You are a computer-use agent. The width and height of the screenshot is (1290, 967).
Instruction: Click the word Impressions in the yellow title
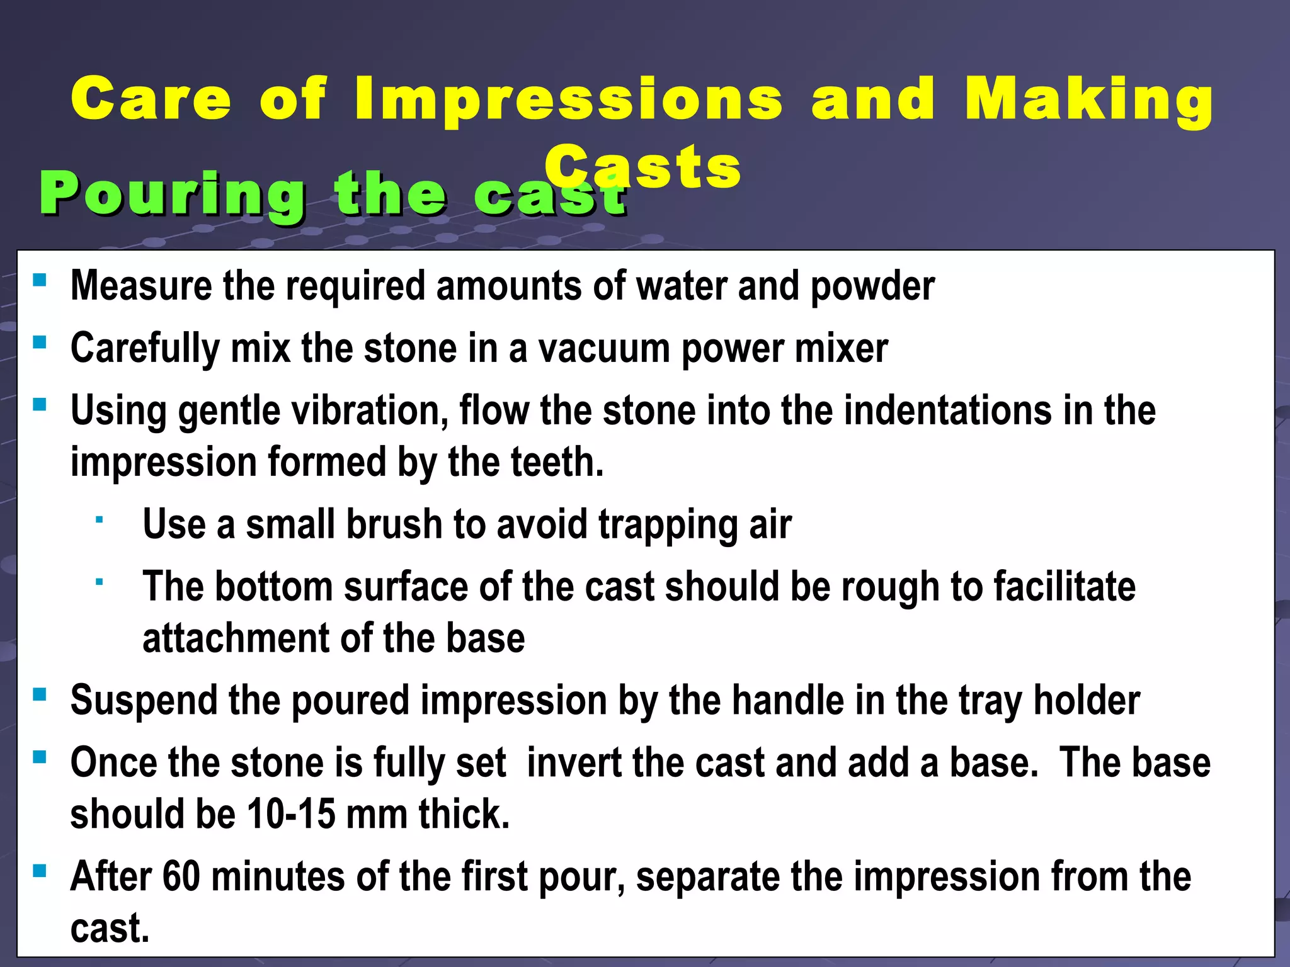click(x=568, y=99)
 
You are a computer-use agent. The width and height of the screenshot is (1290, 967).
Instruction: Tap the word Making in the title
click(x=1088, y=99)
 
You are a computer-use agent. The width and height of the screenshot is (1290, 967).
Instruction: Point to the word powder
click(x=872, y=286)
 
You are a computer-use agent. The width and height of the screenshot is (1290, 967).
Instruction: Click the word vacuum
click(x=603, y=349)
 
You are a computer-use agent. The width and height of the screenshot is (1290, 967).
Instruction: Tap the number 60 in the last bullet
click(x=181, y=877)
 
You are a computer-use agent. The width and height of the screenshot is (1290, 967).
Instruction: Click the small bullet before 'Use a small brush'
click(x=99, y=520)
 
